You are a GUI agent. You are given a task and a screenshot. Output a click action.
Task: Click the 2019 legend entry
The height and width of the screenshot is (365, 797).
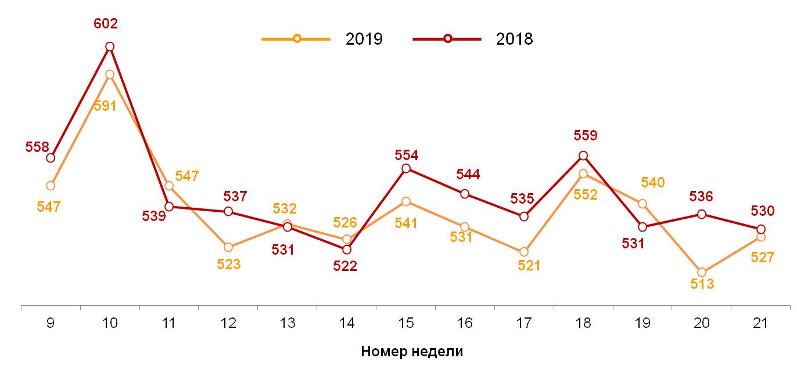point(323,39)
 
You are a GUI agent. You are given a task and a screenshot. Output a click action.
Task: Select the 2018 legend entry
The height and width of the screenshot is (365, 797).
point(473,39)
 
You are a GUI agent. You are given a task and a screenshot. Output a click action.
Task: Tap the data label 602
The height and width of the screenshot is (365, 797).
point(106,24)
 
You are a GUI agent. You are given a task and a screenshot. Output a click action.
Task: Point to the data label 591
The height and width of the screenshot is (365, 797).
point(105,106)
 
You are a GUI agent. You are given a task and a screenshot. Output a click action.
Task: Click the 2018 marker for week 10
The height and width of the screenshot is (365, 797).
point(110,46)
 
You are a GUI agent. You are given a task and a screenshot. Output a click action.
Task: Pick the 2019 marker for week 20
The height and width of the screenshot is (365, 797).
point(702,272)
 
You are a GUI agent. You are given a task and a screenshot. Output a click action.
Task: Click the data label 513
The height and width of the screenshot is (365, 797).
point(702,284)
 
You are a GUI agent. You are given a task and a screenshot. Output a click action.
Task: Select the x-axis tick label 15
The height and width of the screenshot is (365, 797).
point(406,323)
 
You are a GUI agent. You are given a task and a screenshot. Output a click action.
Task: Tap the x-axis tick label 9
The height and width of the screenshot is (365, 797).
point(51,323)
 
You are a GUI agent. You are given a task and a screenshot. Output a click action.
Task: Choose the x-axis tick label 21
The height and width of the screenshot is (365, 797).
point(761,323)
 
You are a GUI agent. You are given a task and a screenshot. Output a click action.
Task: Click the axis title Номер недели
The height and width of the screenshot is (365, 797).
point(412,351)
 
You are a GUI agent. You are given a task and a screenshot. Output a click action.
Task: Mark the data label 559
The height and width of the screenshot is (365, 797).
point(585,136)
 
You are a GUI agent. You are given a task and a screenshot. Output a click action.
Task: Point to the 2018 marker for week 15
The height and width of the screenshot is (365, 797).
point(406,168)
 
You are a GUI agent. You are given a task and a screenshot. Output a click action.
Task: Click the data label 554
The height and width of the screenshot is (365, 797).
point(407,155)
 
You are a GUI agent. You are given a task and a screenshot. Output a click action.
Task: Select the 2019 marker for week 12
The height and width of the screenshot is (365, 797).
point(228,248)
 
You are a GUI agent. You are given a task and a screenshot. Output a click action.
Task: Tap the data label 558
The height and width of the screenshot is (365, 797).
point(37,147)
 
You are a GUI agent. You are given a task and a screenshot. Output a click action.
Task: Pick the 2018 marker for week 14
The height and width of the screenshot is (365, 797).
point(347,250)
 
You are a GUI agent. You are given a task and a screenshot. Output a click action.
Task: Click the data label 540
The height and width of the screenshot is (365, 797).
point(652,183)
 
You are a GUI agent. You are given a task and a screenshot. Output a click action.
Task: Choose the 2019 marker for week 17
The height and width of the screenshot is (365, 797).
point(524,252)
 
